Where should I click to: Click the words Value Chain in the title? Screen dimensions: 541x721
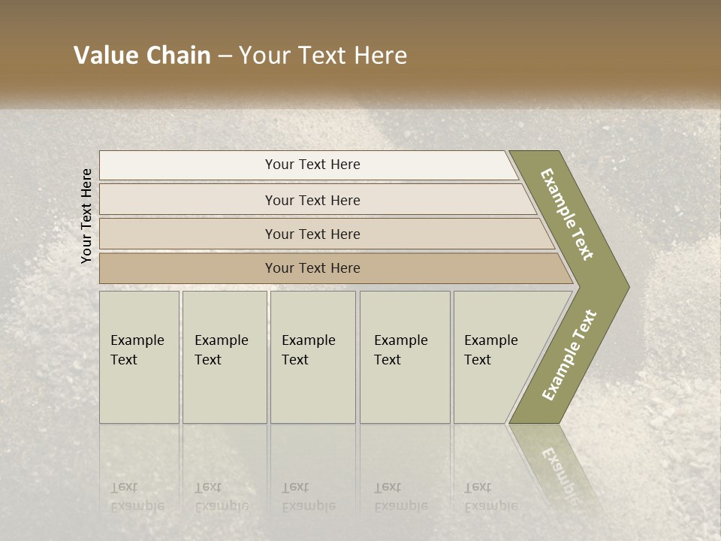(142, 56)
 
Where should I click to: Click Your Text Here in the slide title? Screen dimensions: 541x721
(323, 56)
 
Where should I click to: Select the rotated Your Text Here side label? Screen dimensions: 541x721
(87, 216)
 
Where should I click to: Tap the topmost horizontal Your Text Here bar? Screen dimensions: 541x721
(312, 165)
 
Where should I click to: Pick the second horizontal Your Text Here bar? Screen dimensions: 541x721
(312, 200)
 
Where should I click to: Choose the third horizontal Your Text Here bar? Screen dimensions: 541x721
(312, 234)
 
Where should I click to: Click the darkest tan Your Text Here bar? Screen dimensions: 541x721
(312, 268)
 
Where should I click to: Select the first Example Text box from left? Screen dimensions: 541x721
(139, 357)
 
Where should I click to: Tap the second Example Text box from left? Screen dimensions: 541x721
(224, 357)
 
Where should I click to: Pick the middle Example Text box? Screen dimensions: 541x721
(312, 357)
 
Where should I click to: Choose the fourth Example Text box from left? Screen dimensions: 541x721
(404, 357)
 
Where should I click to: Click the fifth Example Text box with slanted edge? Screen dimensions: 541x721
(496, 357)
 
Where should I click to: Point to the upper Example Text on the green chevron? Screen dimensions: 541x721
(567, 215)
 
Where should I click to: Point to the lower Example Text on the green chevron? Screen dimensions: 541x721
(569, 355)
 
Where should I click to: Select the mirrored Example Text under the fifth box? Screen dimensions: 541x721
(490, 497)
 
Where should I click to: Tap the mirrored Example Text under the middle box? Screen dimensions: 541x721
(308, 497)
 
